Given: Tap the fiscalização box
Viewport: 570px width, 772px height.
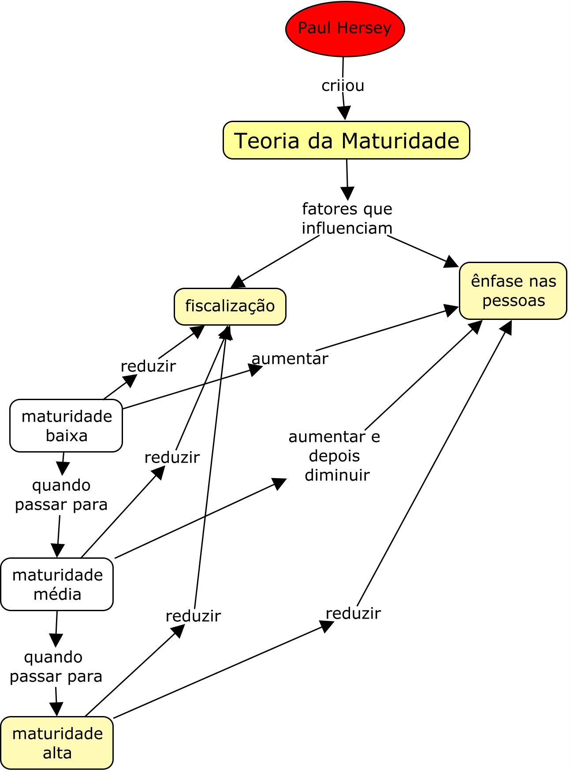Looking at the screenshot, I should click(x=230, y=306).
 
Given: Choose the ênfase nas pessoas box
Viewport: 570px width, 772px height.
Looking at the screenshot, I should click(x=513, y=291).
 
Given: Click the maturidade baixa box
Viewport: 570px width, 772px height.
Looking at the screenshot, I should click(x=66, y=426).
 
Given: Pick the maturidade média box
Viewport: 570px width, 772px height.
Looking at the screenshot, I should click(x=57, y=584).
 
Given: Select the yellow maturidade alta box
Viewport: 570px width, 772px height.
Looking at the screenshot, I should click(x=57, y=743).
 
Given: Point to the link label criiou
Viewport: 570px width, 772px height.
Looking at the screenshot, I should click(x=343, y=85).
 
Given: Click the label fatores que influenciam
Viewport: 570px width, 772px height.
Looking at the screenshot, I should click(x=347, y=219).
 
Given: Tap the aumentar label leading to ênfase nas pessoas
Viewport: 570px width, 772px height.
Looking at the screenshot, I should click(x=290, y=359).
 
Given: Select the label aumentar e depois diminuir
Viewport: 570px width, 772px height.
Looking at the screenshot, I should click(x=334, y=456).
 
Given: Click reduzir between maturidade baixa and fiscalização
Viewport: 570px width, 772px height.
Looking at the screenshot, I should click(x=148, y=366).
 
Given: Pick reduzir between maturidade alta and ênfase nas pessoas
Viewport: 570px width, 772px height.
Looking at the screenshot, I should click(x=353, y=613).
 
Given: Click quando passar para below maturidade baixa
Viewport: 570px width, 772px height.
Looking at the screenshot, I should click(x=61, y=494).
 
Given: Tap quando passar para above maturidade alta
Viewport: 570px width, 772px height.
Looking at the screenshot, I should click(x=56, y=666).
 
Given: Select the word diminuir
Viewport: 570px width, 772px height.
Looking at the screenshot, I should click(x=337, y=475).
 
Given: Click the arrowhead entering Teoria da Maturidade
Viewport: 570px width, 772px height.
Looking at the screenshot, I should click(x=344, y=113).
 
